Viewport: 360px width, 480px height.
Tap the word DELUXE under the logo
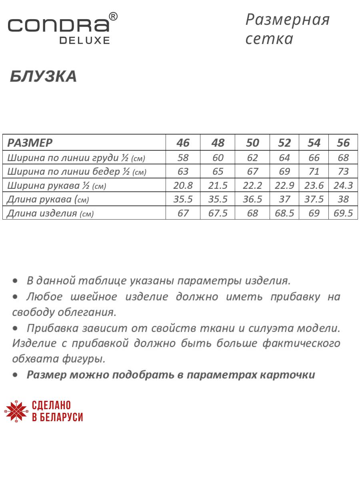(84, 40)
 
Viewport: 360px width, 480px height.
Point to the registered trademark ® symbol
(113, 16)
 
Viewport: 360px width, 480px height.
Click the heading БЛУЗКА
(43, 76)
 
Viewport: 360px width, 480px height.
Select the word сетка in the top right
(270, 39)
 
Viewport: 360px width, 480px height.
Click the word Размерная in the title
(288, 19)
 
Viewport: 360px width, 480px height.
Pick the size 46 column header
(183, 143)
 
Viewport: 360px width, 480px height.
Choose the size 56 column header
(343, 143)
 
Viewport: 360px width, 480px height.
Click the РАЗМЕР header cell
(30, 143)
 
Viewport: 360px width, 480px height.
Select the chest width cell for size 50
(252, 158)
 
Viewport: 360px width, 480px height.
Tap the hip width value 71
(314, 172)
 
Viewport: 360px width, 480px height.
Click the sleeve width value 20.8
(183, 186)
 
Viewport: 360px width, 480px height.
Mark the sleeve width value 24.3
(343, 186)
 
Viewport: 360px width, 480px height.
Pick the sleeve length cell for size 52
(284, 199)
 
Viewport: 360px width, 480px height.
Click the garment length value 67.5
(218, 213)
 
